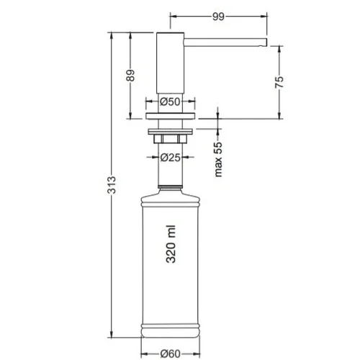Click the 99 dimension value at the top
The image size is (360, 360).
(218, 17)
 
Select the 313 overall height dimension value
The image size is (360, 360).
(112, 185)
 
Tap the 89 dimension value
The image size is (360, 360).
(130, 76)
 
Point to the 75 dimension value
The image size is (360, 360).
(279, 82)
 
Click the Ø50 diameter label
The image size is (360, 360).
(170, 102)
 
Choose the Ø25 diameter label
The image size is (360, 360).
(170, 158)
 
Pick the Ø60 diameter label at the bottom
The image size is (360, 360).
(170, 354)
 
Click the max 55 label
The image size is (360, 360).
(218, 159)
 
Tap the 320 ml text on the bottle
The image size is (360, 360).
(171, 244)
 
